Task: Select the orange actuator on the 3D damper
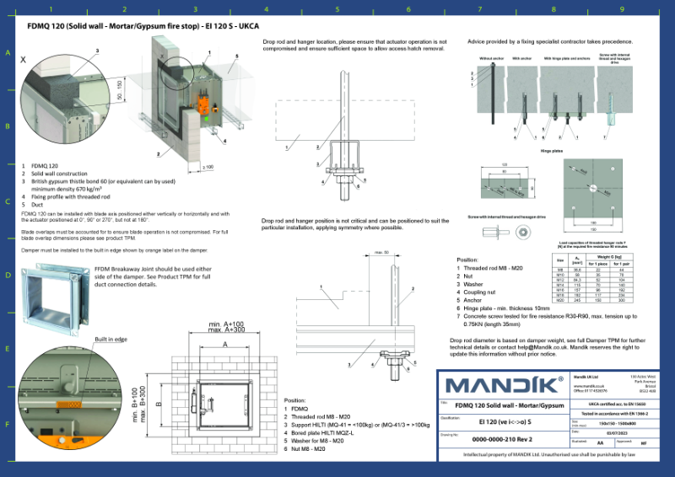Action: (x=202, y=106)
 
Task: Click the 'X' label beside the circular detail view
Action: (x=23, y=60)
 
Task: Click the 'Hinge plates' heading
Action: (x=552, y=151)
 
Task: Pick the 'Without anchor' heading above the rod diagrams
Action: (x=491, y=58)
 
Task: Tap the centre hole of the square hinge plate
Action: (x=593, y=186)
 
